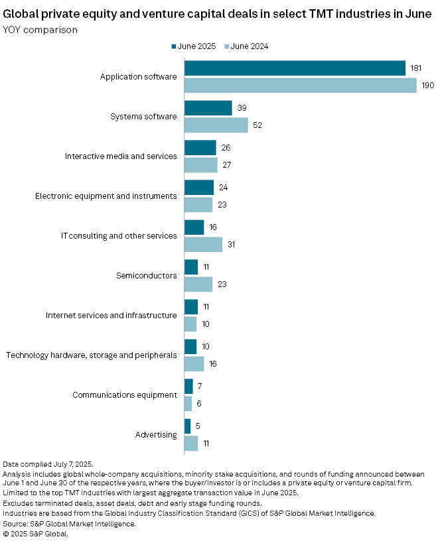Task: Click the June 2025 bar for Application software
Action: tap(295, 68)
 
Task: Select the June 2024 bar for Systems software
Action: tap(216, 125)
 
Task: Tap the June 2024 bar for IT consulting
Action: tap(203, 245)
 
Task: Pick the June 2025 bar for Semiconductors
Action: tap(191, 267)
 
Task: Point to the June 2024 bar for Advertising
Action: tap(191, 444)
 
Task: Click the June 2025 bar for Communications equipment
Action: tap(188, 387)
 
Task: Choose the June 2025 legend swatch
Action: tap(175, 46)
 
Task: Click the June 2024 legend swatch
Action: tap(227, 46)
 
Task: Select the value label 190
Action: tap(428, 86)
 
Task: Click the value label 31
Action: tap(231, 245)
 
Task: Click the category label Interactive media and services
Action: tap(121, 156)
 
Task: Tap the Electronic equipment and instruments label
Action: tap(106, 196)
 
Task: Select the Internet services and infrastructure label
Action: tap(111, 316)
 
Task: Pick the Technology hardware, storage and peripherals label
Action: tap(92, 355)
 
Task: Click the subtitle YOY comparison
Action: tap(40, 30)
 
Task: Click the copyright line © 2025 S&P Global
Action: tap(36, 533)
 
